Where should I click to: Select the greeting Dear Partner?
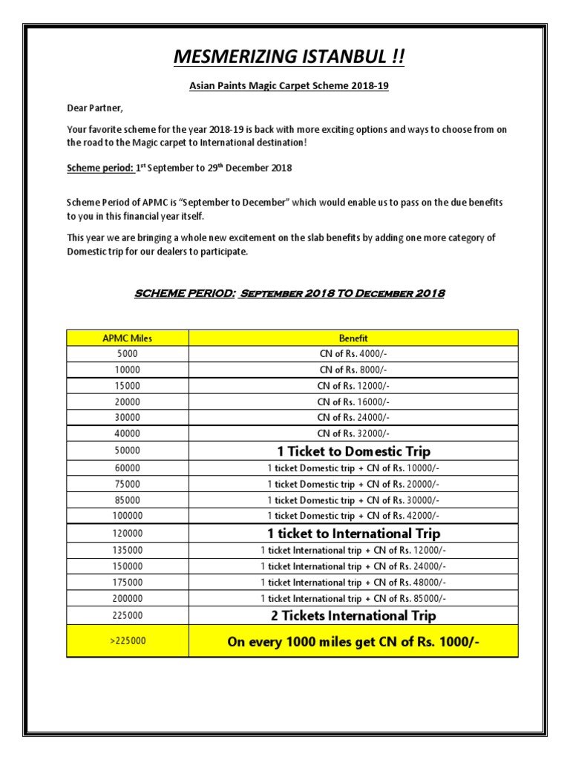(93, 108)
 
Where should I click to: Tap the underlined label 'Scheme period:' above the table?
(100, 168)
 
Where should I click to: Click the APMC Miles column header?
(127, 338)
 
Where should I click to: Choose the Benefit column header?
(353, 338)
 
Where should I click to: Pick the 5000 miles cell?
(127, 353)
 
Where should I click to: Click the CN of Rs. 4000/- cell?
(353, 353)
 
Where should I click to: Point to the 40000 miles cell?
(127, 433)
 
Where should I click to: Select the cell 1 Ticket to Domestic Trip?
(353, 451)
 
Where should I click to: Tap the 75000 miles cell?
(127, 484)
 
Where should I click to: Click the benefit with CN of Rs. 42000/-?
(353, 516)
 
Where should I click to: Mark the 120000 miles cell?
(127, 533)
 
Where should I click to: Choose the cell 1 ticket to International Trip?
(353, 533)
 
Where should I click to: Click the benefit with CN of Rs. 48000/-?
(353, 583)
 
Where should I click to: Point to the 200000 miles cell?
(127, 598)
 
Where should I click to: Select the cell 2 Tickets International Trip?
(353, 615)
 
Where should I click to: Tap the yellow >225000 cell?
(127, 641)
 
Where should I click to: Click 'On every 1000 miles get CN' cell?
(353, 642)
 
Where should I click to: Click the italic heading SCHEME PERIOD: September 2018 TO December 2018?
(289, 293)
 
